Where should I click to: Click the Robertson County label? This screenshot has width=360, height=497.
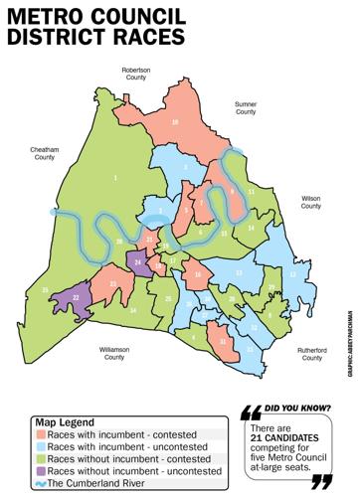[135, 74]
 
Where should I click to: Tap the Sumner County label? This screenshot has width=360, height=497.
[246, 106]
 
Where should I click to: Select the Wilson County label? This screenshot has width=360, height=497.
[311, 202]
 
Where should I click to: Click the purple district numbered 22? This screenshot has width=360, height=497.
[77, 296]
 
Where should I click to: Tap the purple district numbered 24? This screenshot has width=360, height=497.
[138, 261]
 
